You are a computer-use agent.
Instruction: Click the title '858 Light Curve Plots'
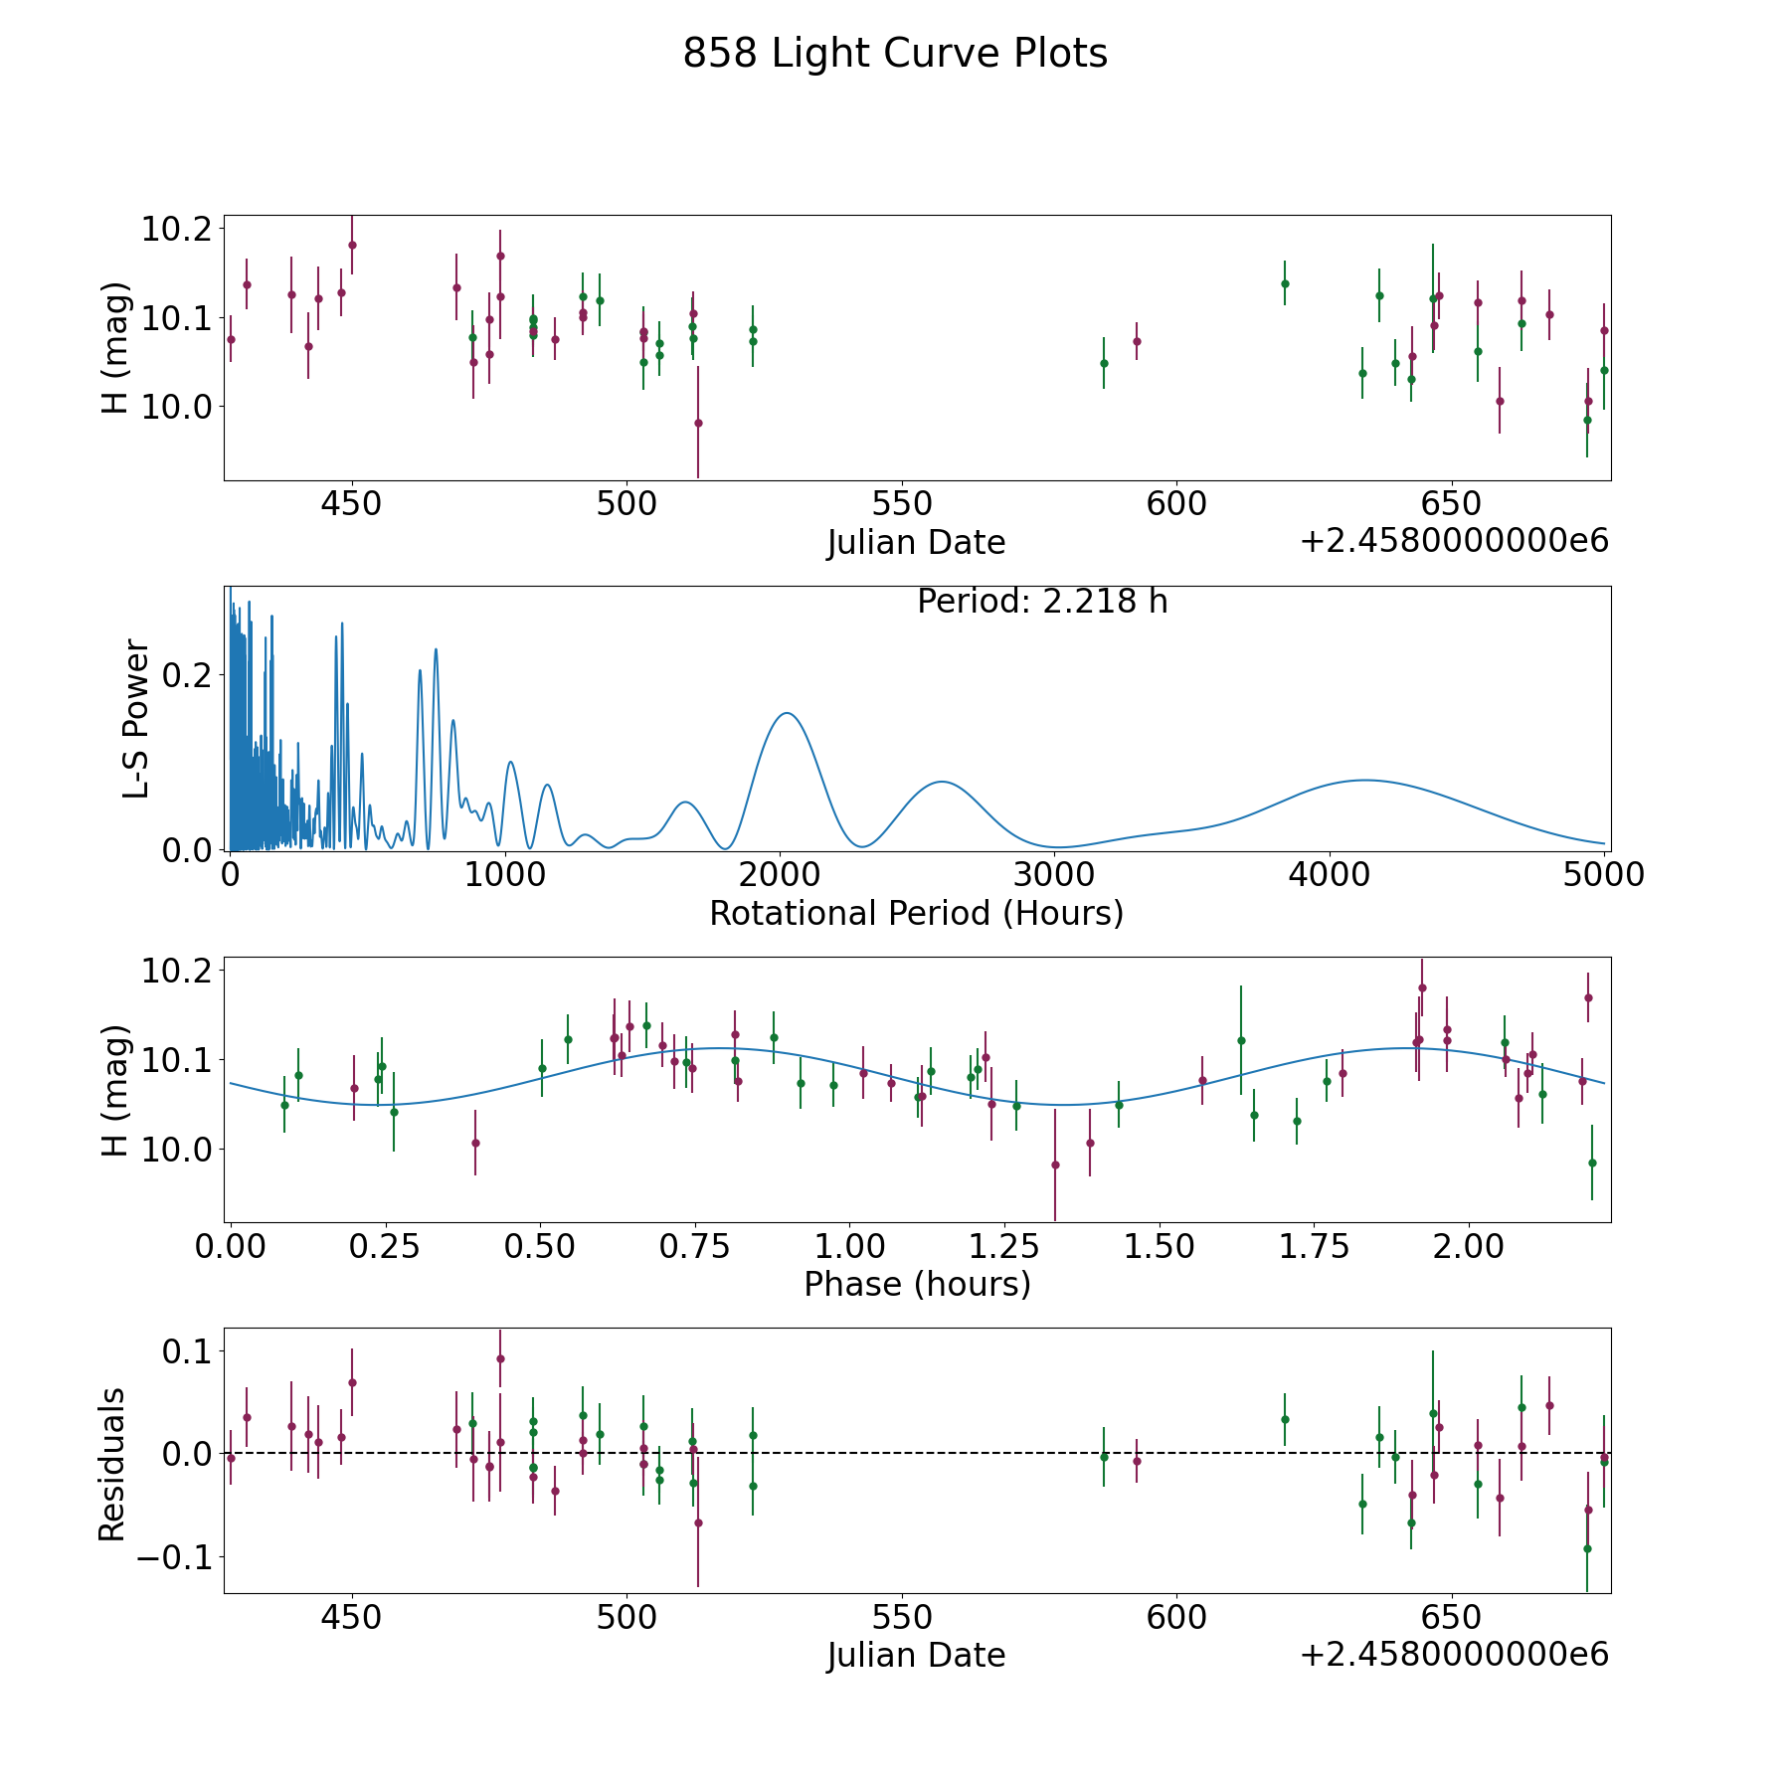coord(894,54)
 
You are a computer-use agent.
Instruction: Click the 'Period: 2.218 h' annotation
coord(1041,602)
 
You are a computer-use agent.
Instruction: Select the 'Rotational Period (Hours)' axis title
coord(916,913)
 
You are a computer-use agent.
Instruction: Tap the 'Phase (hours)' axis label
coord(916,1284)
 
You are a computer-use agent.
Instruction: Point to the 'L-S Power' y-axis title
coord(137,719)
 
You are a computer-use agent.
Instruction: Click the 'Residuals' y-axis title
coord(112,1464)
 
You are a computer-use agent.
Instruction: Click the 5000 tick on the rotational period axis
coord(1603,875)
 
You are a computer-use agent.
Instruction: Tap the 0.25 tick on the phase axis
coord(386,1246)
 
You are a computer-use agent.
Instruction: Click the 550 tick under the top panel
coord(901,504)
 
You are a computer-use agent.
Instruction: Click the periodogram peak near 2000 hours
coord(787,713)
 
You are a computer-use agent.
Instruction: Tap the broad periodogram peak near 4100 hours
coord(1364,781)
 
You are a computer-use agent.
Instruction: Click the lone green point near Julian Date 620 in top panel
coord(1285,283)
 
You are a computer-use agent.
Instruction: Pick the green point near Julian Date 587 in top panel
coord(1104,363)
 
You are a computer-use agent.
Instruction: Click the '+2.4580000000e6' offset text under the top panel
coord(1454,541)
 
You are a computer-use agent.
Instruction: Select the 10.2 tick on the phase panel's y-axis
coord(177,971)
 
